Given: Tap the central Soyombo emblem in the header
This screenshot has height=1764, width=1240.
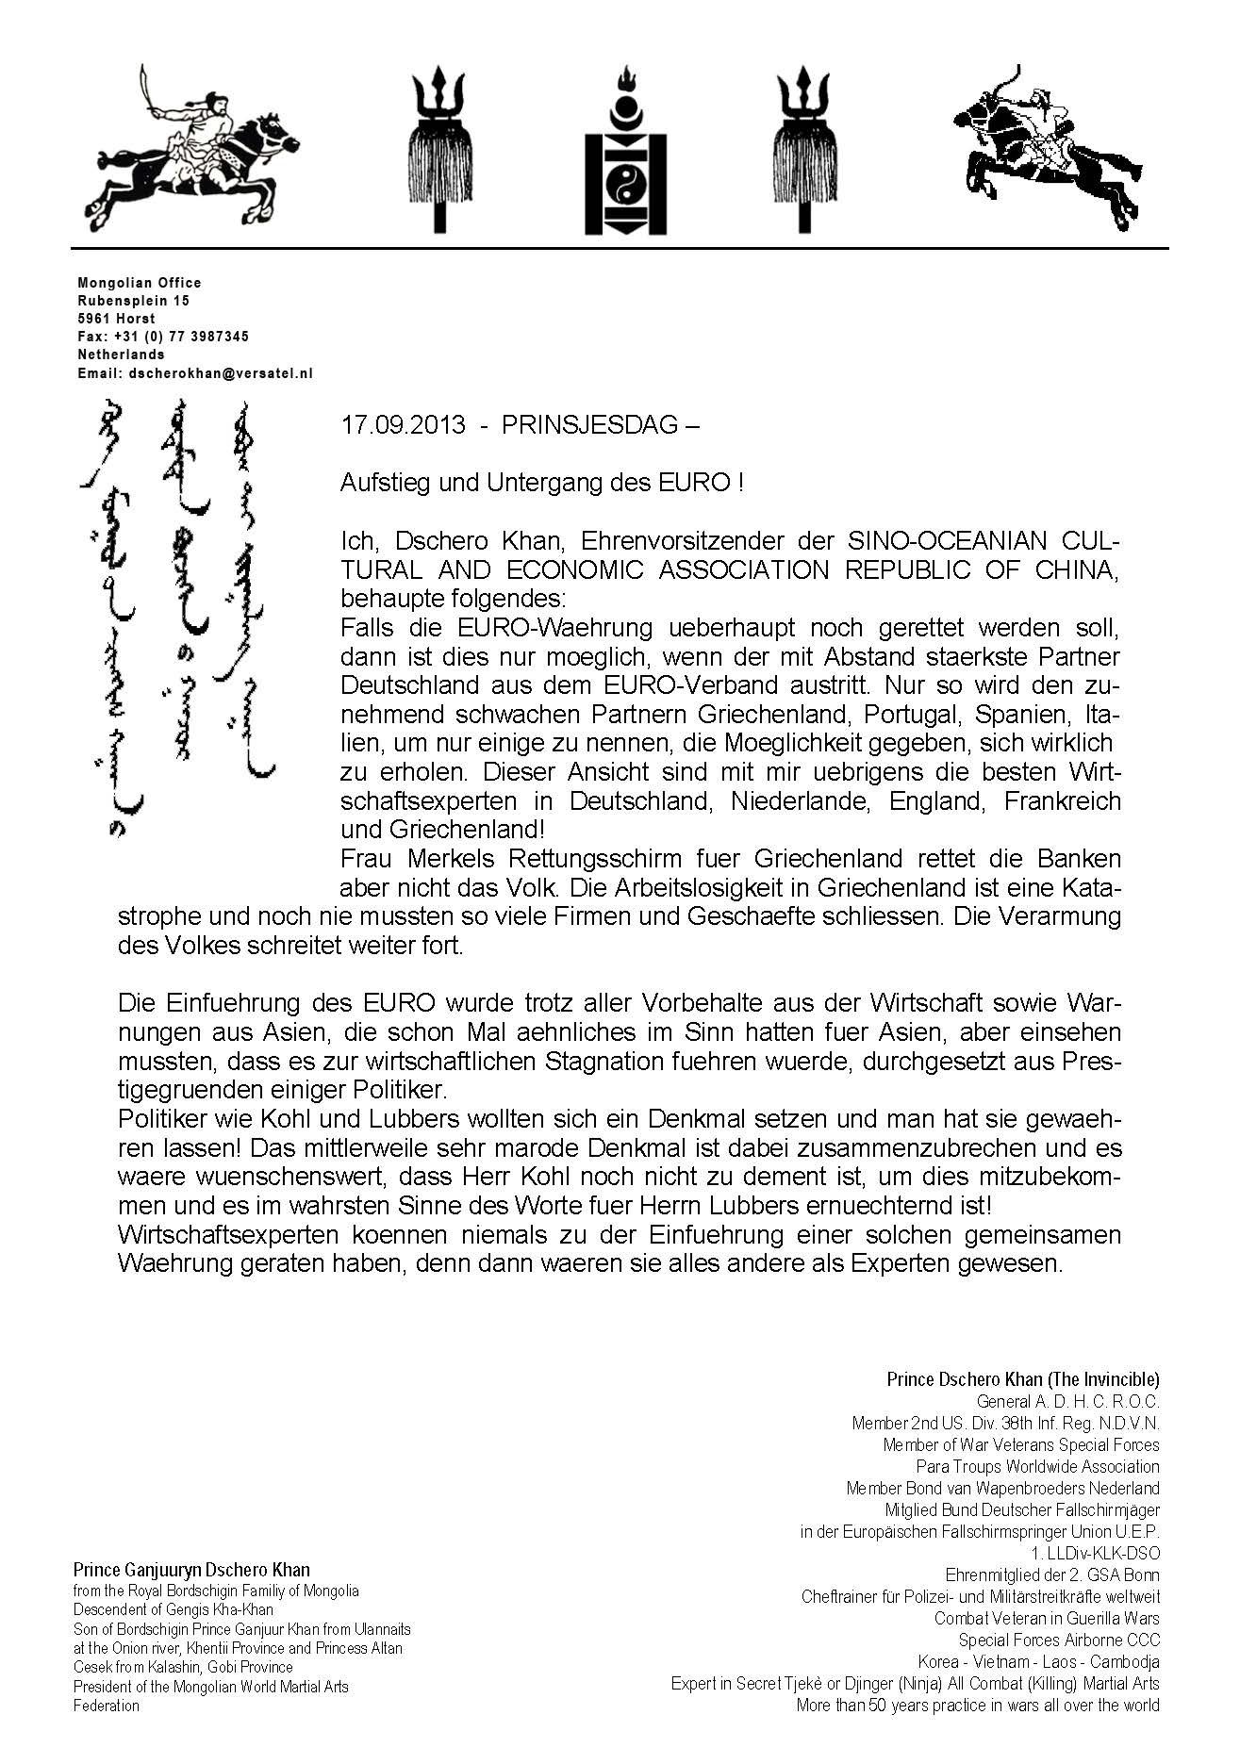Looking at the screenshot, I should click(x=624, y=151).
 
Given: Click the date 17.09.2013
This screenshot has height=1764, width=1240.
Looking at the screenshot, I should click(x=403, y=425).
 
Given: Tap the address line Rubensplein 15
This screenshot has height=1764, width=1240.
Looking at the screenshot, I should click(x=133, y=301).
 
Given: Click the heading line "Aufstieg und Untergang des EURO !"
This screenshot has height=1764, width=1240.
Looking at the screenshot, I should click(x=542, y=484).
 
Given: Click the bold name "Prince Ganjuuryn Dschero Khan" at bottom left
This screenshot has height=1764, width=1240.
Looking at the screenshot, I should click(x=191, y=1571).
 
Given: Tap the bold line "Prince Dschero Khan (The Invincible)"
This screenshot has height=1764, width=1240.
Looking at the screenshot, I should click(x=1022, y=1379).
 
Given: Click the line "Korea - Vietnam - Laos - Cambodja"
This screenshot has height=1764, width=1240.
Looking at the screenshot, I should click(x=1038, y=1662).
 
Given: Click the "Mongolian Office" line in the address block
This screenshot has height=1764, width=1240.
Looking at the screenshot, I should click(x=140, y=283).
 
